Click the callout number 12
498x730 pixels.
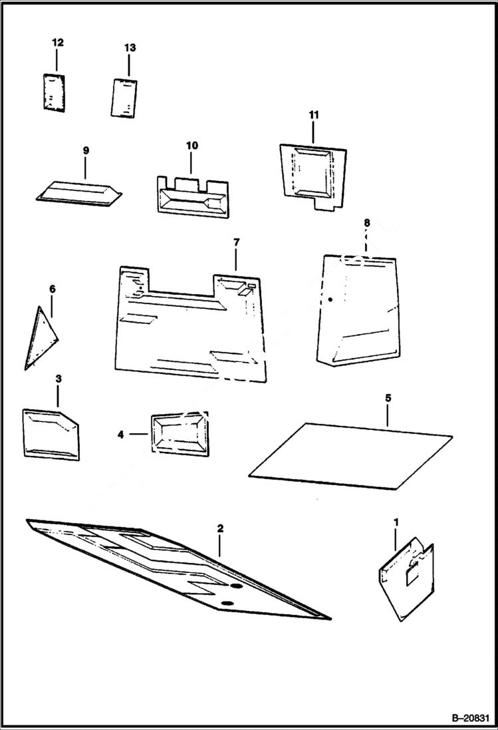[58, 43]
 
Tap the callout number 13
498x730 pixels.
[130, 48]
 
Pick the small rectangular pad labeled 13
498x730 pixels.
[123, 98]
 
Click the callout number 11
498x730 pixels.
[314, 115]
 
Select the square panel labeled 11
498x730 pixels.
[311, 172]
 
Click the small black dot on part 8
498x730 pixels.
[330, 300]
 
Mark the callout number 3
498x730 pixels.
[59, 379]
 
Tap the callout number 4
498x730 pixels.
[121, 435]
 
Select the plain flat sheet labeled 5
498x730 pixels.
[350, 451]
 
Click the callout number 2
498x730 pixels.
[220, 528]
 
